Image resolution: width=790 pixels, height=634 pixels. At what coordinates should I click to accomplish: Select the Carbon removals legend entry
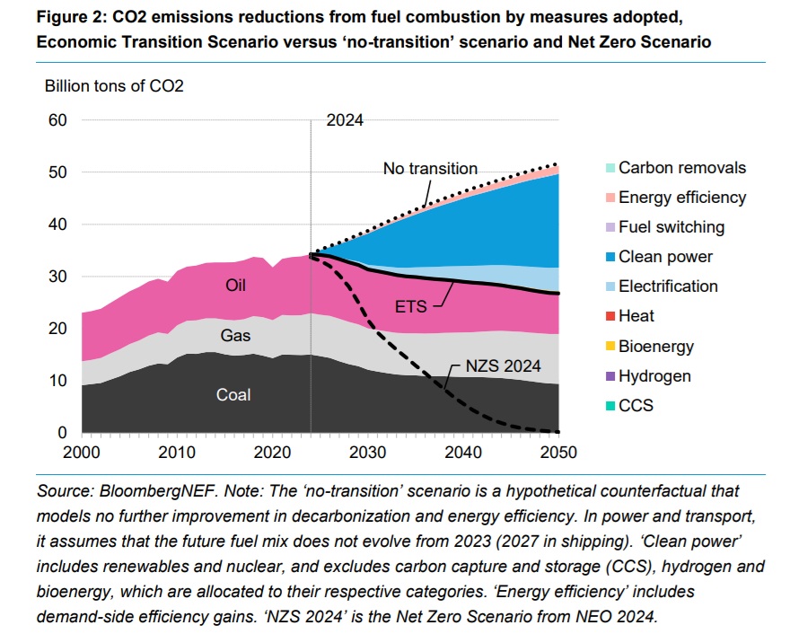(681, 168)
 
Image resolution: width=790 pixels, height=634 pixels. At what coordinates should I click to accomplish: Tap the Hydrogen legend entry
(654, 375)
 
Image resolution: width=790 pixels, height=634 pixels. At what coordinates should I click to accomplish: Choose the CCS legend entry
(636, 405)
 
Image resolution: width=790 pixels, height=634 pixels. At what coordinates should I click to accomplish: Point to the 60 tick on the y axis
(57, 119)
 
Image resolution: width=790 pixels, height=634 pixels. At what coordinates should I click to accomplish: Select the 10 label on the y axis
(57, 381)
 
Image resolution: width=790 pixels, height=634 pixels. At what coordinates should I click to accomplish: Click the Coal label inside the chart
(233, 394)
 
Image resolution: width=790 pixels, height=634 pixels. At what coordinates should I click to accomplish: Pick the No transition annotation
(430, 168)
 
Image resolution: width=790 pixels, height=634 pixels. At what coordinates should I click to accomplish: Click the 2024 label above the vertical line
(345, 120)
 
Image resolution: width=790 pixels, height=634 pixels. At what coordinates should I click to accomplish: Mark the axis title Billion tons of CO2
(114, 86)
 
